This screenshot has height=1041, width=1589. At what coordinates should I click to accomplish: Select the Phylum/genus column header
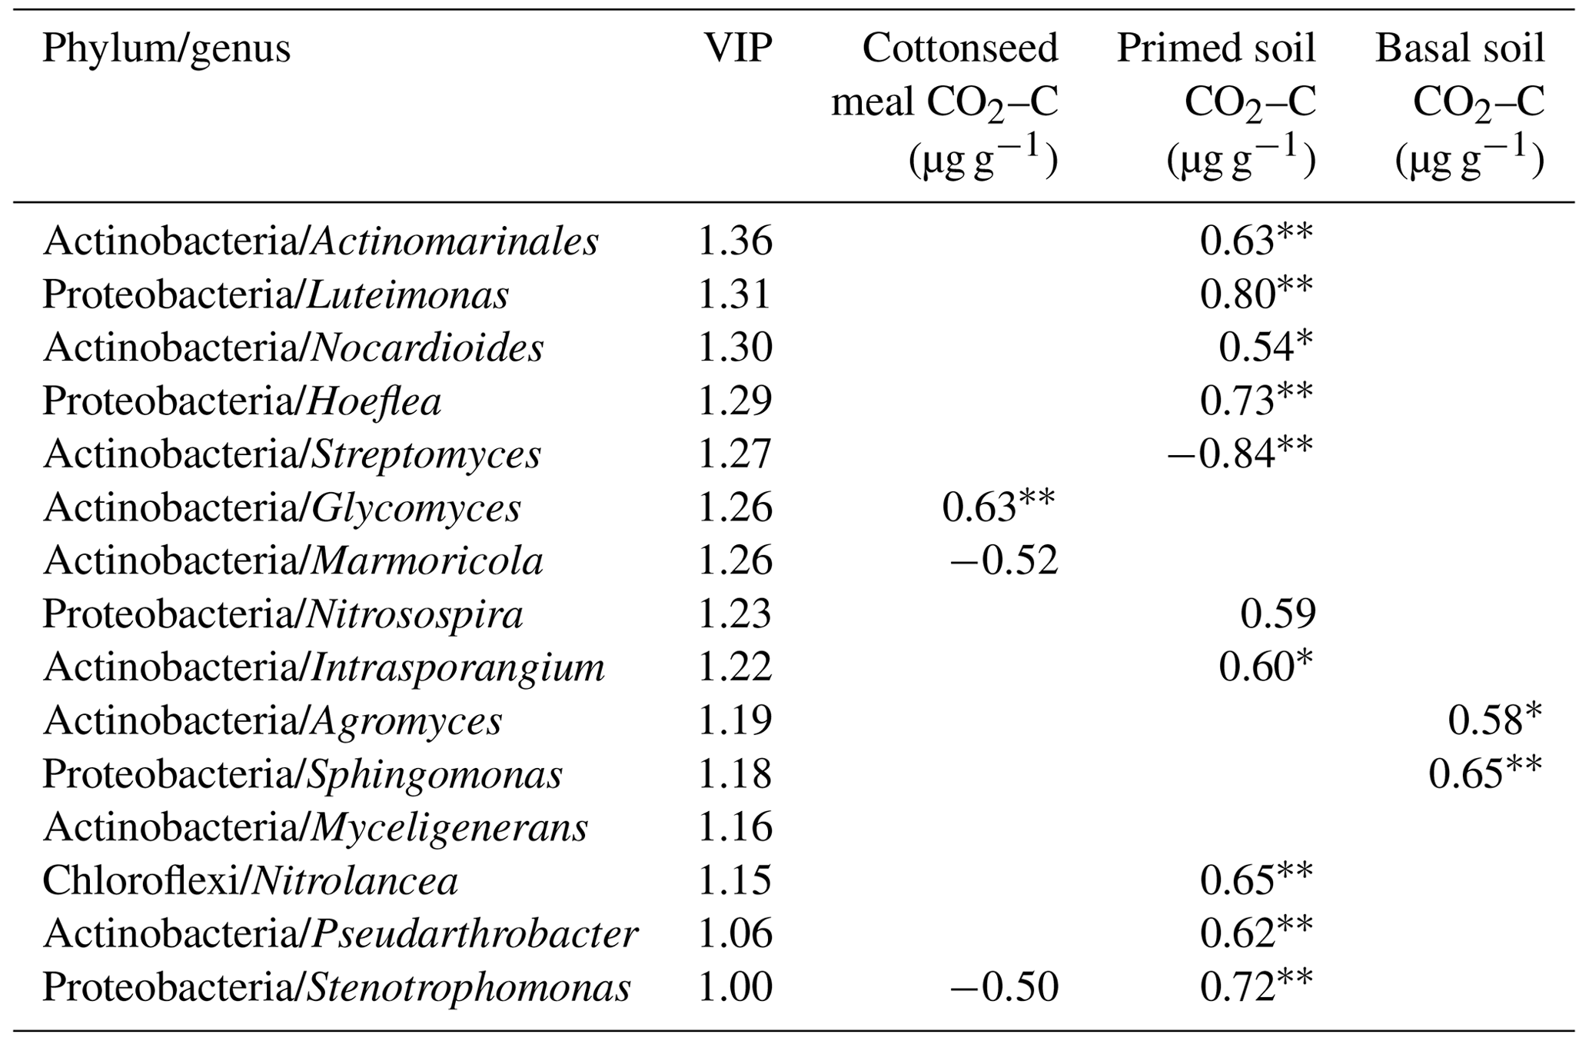166,49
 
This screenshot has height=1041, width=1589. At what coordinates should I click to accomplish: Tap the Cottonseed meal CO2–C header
945,103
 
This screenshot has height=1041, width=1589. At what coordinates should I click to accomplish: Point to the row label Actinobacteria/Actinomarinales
321,242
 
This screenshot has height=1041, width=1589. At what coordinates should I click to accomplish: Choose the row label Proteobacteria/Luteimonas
275,295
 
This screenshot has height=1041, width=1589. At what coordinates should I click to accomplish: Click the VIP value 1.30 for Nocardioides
734,348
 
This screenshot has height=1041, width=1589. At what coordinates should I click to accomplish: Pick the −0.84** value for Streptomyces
1239,454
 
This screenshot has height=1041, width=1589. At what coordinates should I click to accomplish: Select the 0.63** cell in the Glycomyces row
999,508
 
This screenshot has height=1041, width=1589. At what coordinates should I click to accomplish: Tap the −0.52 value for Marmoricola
1004,561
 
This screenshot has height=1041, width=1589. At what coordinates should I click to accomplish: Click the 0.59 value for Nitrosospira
1277,614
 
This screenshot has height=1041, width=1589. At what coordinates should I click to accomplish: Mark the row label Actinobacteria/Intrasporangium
324,667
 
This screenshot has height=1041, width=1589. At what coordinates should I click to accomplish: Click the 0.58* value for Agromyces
1494,720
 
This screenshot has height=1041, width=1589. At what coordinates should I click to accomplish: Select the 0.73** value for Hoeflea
1256,401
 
